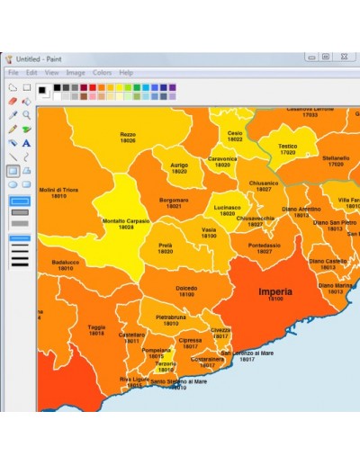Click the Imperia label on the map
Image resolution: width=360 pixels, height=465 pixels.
tap(275, 292)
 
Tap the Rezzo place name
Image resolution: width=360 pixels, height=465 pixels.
tap(128, 134)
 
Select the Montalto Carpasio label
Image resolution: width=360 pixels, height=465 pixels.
tap(126, 220)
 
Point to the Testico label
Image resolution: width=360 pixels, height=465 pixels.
tap(287, 146)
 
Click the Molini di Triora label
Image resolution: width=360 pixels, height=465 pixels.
tap(58, 190)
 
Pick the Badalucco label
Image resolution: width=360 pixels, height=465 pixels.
tap(66, 262)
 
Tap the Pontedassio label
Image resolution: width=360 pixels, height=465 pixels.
tap(265, 245)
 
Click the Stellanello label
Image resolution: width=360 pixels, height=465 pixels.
tap(336, 157)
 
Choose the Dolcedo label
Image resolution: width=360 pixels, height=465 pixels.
tap(186, 289)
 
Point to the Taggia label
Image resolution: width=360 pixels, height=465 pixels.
tap(96, 327)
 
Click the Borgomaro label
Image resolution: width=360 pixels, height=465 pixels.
tap(174, 200)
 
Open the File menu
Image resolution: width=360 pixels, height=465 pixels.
tap(13, 72)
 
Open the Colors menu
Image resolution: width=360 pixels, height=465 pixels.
tap(102, 72)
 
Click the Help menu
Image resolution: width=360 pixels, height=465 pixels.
tap(126, 72)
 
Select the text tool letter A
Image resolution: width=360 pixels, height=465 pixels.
tap(27, 142)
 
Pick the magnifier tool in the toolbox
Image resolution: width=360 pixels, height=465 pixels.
tap(27, 115)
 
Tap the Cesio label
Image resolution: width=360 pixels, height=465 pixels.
tap(235, 133)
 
